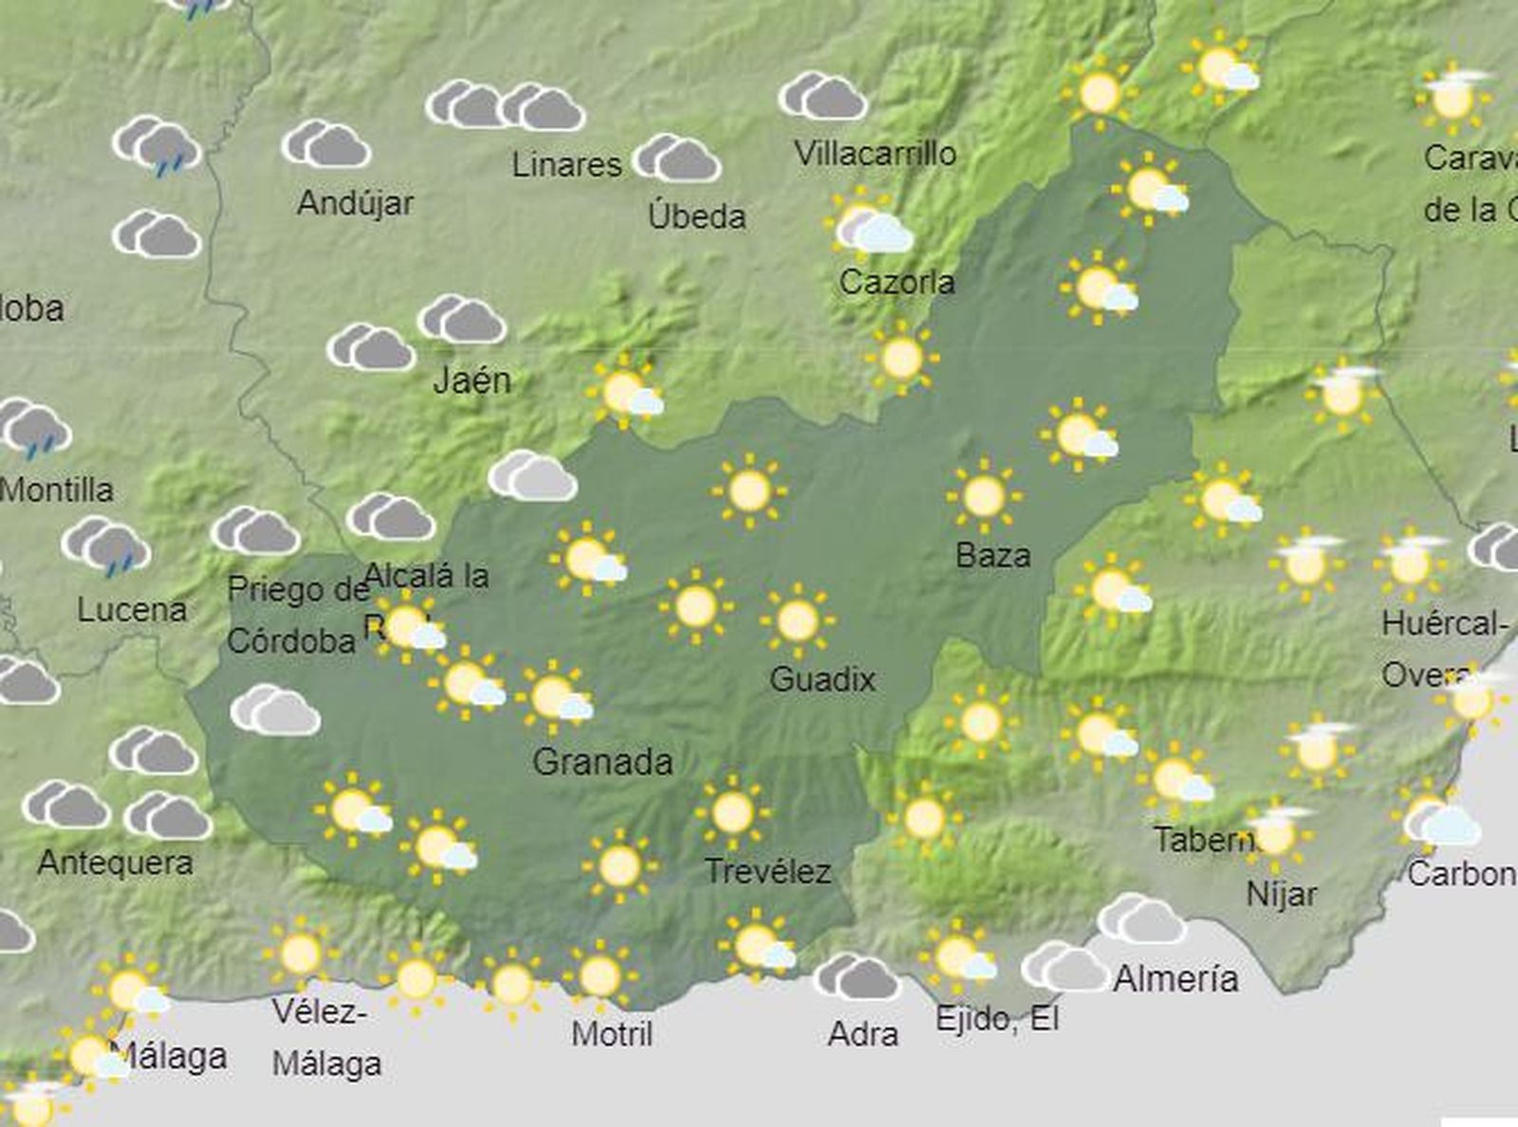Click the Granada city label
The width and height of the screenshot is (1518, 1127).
[x=602, y=762]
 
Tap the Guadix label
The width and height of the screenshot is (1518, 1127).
[x=822, y=679]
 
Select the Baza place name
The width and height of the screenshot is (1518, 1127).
[x=992, y=555]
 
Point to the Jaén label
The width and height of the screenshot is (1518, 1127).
[x=472, y=381]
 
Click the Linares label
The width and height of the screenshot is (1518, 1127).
[x=566, y=165]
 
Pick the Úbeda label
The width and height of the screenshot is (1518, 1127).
[x=696, y=216]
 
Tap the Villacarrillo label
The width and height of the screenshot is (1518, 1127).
[x=875, y=154]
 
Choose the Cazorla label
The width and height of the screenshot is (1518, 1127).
[x=897, y=282]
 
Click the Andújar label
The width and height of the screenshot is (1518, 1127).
[x=355, y=203]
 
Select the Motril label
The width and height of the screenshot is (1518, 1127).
[x=612, y=1033]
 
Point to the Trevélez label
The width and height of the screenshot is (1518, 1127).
[x=768, y=871]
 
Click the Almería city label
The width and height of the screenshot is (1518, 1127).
[x=1176, y=978]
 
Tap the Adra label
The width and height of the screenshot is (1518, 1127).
[x=862, y=1033]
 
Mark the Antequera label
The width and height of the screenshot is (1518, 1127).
[x=115, y=862]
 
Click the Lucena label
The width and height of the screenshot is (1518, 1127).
[x=132, y=609]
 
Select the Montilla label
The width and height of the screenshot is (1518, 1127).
[x=57, y=490]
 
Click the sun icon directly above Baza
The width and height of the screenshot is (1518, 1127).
[x=984, y=495]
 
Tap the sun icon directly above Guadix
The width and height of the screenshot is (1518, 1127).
[x=797, y=620]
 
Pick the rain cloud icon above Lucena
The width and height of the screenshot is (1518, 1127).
[x=106, y=546]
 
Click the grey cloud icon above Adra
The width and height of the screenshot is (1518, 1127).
[x=857, y=977]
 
